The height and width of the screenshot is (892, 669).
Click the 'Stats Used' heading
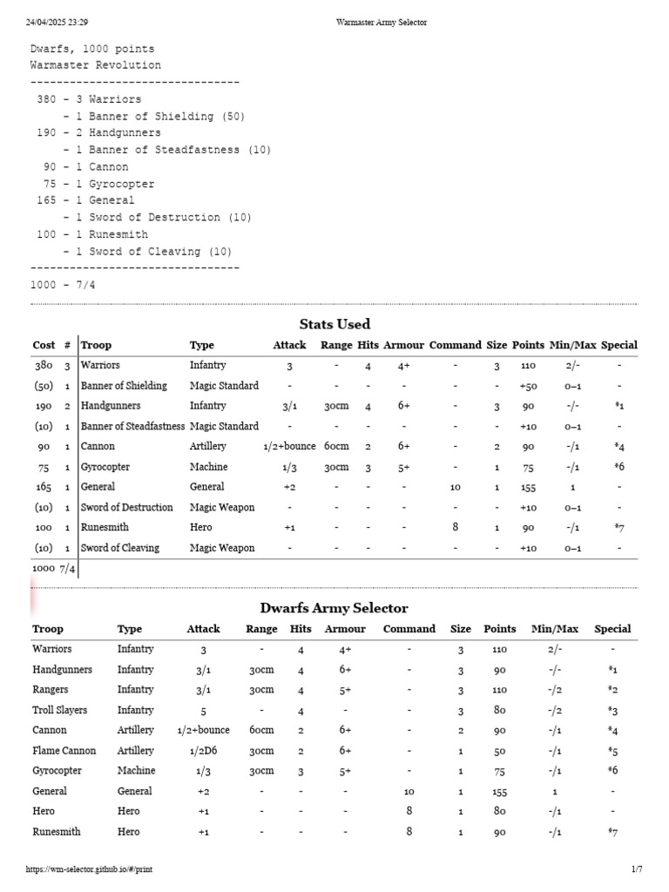tap(334, 324)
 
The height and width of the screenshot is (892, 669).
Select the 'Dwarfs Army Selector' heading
tap(334, 608)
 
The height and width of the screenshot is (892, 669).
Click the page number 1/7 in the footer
tap(636, 869)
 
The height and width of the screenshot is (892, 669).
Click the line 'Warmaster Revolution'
tap(96, 65)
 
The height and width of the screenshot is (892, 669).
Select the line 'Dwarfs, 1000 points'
tap(92, 49)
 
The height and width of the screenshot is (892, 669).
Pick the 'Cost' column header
tap(44, 345)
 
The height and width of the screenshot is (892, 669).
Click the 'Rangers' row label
tap(51, 690)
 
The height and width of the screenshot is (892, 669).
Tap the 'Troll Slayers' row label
tap(62, 710)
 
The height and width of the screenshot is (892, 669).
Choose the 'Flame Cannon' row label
tap(64, 751)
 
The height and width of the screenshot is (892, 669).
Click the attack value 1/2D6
tap(203, 751)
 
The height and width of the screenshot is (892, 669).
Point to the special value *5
tap(612, 751)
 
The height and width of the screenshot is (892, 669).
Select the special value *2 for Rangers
tap(612, 690)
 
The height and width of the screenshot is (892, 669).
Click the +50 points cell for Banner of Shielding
tap(528, 386)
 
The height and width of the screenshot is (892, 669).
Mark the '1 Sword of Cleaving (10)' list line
tap(154, 252)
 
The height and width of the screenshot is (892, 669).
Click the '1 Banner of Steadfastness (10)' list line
tap(173, 150)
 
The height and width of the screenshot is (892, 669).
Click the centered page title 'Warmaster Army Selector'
tap(382, 22)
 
